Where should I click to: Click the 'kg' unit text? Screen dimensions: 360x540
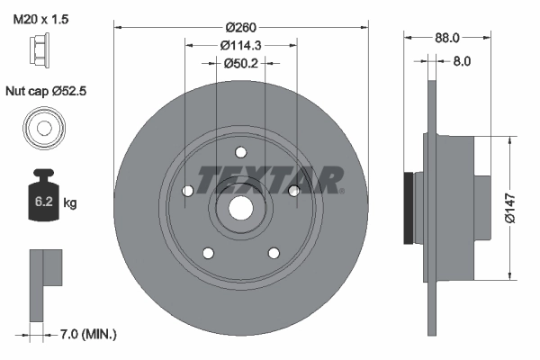pos(70,203)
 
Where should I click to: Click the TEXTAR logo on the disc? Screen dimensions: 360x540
pos(269,179)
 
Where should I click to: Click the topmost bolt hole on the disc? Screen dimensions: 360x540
pos(240,152)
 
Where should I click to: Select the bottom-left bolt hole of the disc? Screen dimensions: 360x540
pos(207,253)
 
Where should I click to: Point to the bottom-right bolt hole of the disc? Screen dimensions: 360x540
pos(274,253)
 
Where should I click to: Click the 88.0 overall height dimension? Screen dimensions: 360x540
pos(446,38)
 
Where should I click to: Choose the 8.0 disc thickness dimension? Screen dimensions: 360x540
pos(461,62)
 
